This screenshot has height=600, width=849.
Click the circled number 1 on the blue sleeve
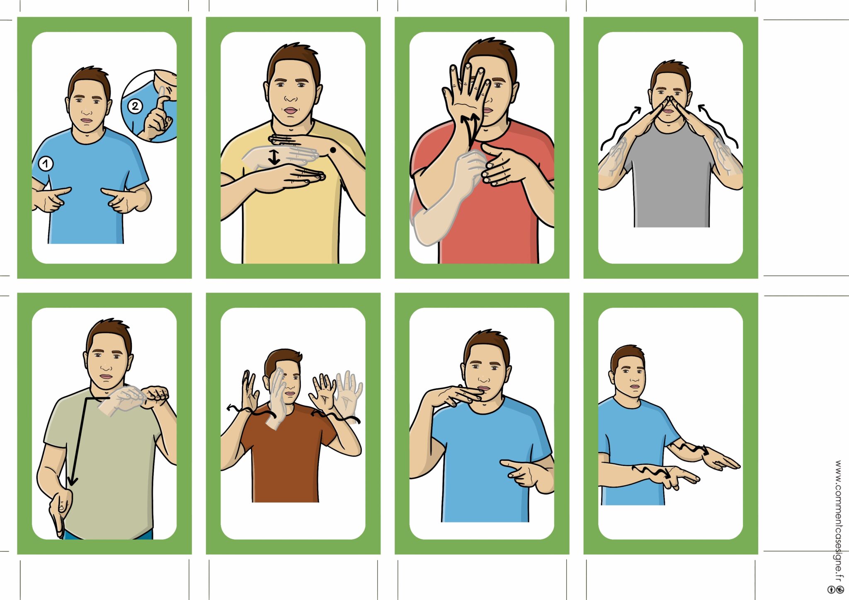point(46,164)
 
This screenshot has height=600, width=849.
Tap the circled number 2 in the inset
point(135,106)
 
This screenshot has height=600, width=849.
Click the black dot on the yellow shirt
point(332,150)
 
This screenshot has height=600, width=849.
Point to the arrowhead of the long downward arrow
point(73,481)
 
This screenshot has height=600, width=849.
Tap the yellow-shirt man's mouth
point(291,110)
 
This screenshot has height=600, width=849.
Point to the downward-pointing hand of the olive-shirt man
point(61,512)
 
